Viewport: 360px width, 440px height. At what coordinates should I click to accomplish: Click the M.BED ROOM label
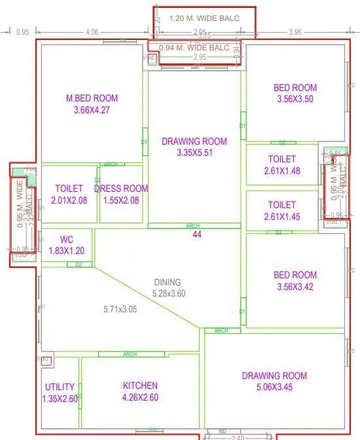pyautogui.click(x=92, y=98)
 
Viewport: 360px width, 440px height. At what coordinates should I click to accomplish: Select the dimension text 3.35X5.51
pyautogui.click(x=195, y=153)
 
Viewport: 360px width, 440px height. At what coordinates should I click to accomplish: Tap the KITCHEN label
pyautogui.click(x=140, y=386)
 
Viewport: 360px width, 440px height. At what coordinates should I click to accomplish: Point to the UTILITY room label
pyautogui.click(x=60, y=386)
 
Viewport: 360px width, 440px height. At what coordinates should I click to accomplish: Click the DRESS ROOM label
pyautogui.click(x=121, y=188)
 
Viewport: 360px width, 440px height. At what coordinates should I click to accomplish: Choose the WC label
pyautogui.click(x=66, y=239)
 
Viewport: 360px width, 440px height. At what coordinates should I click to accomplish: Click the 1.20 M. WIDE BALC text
pyautogui.click(x=204, y=18)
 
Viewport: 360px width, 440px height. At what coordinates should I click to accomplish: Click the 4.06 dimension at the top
pyautogui.click(x=92, y=31)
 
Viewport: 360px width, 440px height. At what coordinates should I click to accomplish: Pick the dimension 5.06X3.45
pyautogui.click(x=274, y=387)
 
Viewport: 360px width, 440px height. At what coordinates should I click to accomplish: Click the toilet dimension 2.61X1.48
pyautogui.click(x=282, y=170)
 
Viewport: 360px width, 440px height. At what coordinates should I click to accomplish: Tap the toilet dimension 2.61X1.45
pyautogui.click(x=282, y=216)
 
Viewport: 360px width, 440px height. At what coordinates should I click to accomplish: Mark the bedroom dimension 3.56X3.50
pyautogui.click(x=295, y=99)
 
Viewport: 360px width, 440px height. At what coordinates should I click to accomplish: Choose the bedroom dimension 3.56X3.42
pyautogui.click(x=295, y=287)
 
